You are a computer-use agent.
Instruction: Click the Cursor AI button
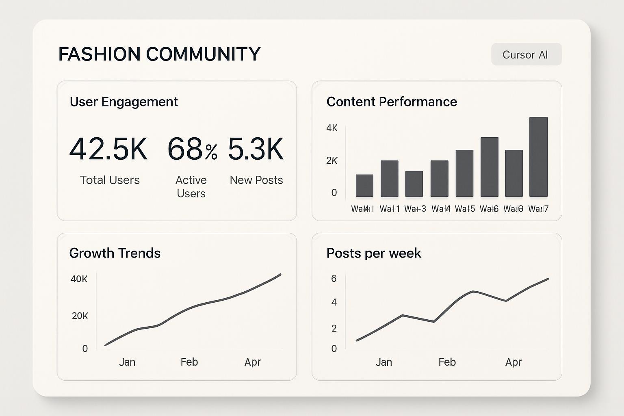(526, 54)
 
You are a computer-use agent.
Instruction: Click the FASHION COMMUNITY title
(159, 54)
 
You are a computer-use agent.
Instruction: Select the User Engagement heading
(124, 102)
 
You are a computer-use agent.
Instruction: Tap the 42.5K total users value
(108, 149)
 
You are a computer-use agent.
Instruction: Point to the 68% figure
(192, 149)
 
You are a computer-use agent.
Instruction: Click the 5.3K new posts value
(256, 149)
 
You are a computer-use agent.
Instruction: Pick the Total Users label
(110, 180)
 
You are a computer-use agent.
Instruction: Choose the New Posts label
(256, 180)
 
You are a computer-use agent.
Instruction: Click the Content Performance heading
(392, 102)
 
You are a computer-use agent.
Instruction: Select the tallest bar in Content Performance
(538, 157)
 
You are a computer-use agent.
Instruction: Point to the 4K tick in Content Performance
(332, 128)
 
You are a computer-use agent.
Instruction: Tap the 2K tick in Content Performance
(332, 160)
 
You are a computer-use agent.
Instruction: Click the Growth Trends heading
(115, 253)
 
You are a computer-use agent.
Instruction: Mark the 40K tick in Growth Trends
(79, 279)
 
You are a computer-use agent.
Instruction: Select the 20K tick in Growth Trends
(80, 316)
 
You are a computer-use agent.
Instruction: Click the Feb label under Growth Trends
(189, 362)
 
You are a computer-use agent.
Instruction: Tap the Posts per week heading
(374, 253)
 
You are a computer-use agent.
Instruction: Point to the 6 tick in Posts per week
(334, 279)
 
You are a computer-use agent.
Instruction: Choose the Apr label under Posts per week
(513, 362)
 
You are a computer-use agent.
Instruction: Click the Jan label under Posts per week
(384, 362)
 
